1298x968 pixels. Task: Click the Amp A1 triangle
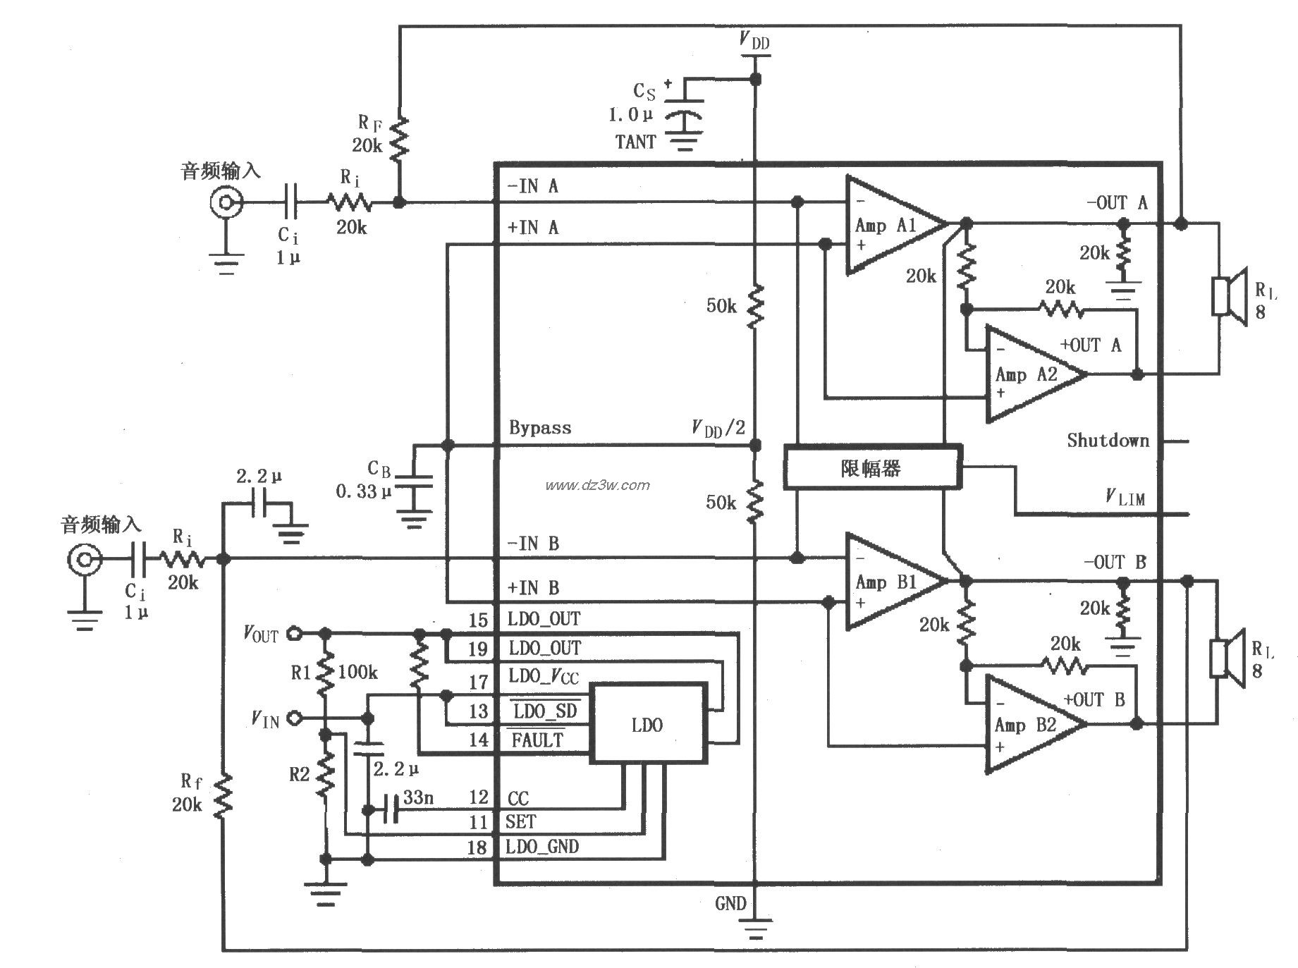point(888,226)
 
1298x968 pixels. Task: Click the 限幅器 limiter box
point(872,467)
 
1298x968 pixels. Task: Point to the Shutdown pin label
point(1107,441)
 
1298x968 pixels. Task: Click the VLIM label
point(1125,498)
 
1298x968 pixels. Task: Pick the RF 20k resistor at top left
point(399,139)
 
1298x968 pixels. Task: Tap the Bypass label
point(540,428)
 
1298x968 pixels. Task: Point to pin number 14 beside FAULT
point(478,740)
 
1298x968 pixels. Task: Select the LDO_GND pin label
point(542,847)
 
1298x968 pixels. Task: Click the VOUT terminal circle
point(295,634)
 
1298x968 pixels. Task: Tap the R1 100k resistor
point(325,673)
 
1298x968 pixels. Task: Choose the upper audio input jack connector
point(226,204)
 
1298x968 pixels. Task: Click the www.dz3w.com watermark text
point(597,485)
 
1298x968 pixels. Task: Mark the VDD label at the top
point(754,40)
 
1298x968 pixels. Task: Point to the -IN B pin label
point(533,544)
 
